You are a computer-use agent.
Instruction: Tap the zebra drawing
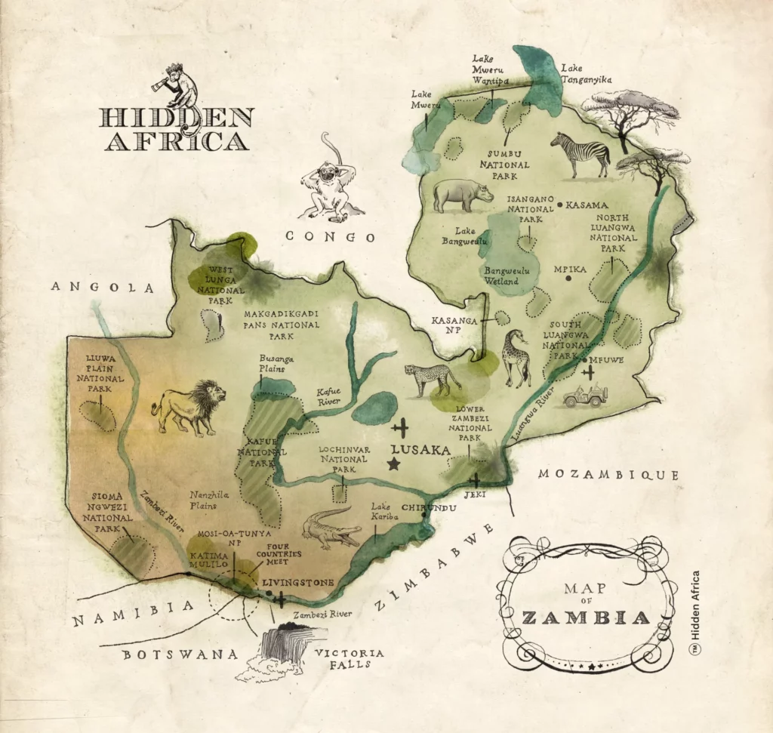click(581, 154)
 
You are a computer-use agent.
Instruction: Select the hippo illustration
click(462, 194)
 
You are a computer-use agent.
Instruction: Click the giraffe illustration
click(517, 356)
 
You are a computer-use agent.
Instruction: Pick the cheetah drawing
click(433, 378)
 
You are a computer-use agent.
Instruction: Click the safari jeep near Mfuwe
click(586, 396)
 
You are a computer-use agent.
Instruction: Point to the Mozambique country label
click(608, 475)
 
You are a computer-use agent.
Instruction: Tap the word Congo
click(330, 237)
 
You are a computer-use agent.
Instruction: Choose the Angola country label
click(103, 288)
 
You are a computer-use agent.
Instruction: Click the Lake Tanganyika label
click(586, 73)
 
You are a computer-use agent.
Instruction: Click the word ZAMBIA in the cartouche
click(586, 618)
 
